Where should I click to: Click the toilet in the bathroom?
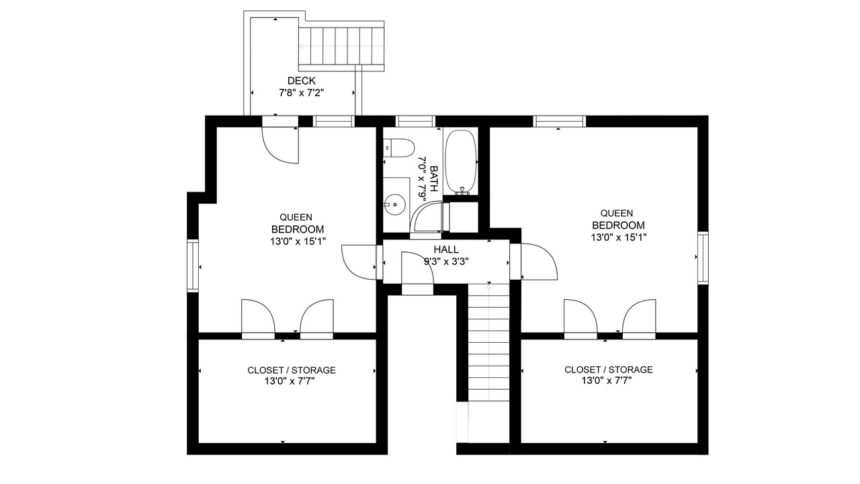(x=399, y=148)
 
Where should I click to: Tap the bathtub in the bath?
(x=461, y=163)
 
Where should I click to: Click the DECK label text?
(x=302, y=81)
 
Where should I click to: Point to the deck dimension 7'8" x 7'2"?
(x=302, y=93)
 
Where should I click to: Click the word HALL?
(x=446, y=249)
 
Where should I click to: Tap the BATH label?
(x=434, y=179)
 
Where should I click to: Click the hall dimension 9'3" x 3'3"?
(x=446, y=261)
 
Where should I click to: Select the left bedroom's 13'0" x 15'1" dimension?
(x=298, y=241)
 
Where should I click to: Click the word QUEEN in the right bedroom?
(x=617, y=213)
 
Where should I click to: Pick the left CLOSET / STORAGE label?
(x=292, y=370)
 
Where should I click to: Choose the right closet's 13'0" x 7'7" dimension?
(x=607, y=380)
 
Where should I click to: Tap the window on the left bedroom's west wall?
(x=193, y=266)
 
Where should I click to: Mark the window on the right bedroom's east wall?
(x=703, y=257)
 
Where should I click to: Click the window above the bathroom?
(x=415, y=122)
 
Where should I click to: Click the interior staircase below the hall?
(x=488, y=342)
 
